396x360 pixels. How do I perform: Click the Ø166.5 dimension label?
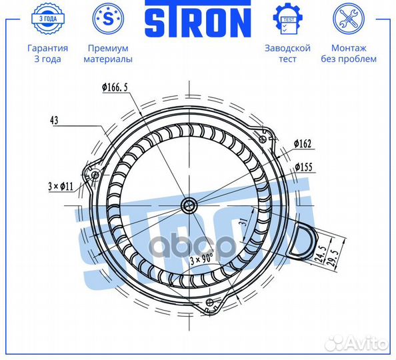tap(115, 87)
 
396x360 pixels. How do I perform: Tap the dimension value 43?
tap(54, 120)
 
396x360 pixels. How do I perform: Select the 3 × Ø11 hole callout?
tap(61, 187)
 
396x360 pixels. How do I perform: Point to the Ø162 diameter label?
tap(303, 144)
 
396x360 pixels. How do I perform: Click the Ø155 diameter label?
tap(303, 167)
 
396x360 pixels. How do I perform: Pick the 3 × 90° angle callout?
tap(202, 259)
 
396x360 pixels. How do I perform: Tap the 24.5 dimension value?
tap(321, 253)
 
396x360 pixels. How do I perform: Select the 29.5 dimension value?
tap(333, 258)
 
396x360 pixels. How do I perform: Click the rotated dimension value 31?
tap(243, 222)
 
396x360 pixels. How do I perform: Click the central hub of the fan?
tap(189, 205)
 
